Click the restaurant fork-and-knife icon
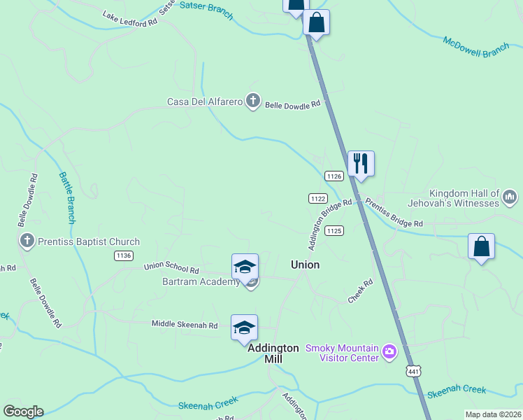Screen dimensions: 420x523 tap(361, 164)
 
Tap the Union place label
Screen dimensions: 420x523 tap(305, 265)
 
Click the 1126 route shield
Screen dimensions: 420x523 tap(334, 176)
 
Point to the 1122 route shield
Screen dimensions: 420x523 tap(318, 199)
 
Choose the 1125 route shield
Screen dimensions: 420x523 tap(334, 230)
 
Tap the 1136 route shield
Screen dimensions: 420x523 tap(124, 255)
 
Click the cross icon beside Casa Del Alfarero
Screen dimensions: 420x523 tap(252, 102)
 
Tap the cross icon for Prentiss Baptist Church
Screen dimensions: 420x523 tap(27, 241)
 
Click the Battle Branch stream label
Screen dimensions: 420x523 tap(67, 197)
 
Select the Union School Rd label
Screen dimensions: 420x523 tap(171, 269)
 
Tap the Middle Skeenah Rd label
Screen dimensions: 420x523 tap(185, 325)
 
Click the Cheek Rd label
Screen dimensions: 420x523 tap(361, 292)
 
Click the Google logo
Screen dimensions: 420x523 tap(23, 412)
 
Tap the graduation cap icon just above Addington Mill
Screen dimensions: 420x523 tap(245, 328)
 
